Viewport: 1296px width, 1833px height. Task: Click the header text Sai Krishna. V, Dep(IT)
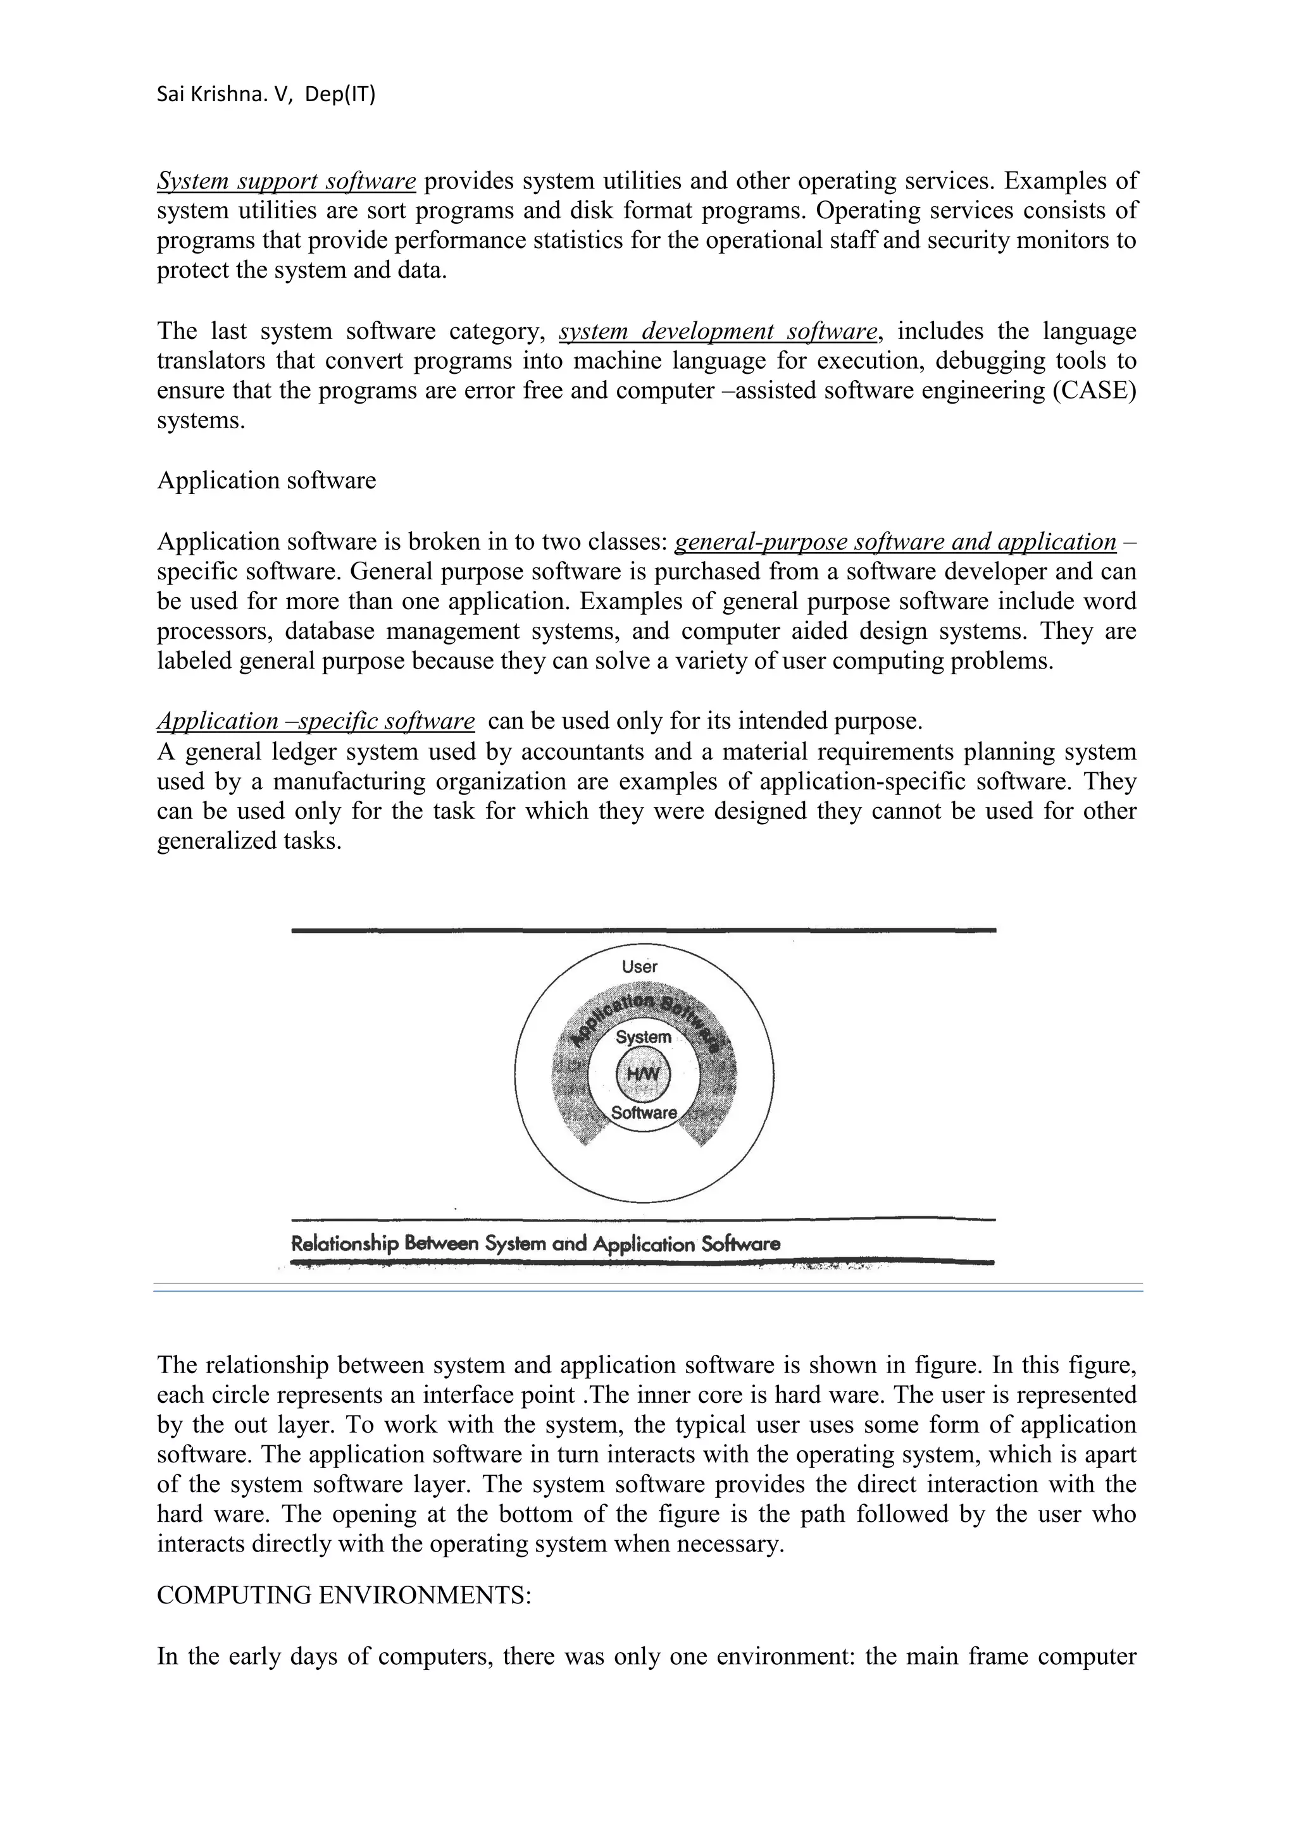click(265, 94)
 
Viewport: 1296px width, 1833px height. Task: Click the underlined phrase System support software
click(286, 182)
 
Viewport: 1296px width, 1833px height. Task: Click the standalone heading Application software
click(266, 481)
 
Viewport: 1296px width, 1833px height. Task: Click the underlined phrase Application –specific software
click(315, 721)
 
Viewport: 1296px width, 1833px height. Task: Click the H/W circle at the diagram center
click(644, 1075)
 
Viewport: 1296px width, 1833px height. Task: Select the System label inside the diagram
click(644, 1037)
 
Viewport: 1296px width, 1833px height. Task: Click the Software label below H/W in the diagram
click(644, 1112)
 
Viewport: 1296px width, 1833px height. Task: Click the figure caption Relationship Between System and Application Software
click(535, 1244)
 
